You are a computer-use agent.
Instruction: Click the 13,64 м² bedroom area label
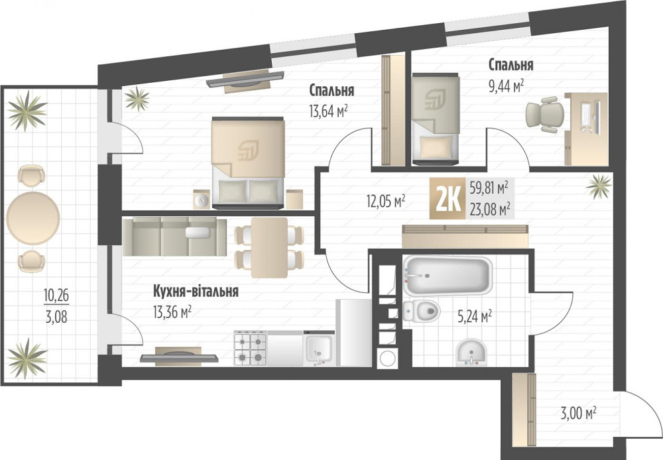coord(329,111)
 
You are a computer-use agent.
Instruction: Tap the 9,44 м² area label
coord(506,86)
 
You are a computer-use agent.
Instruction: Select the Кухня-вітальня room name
coord(196,291)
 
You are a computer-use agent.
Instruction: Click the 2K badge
coord(448,198)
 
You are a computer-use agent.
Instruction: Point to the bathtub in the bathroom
coord(448,275)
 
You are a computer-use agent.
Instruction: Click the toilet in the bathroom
coord(422,312)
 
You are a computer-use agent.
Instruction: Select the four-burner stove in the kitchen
coord(250,347)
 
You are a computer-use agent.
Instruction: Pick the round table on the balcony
coord(33,219)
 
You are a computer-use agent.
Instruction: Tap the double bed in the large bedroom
coord(248,163)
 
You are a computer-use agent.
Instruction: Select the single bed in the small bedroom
coord(436,119)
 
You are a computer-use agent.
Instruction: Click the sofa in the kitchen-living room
coord(174,237)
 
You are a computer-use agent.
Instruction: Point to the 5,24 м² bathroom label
coord(473,315)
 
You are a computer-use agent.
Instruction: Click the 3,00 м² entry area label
coord(578,412)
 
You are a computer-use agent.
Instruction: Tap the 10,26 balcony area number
coord(56,295)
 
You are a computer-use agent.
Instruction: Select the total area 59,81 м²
coord(489,188)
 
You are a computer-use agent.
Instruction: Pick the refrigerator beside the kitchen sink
coord(354,333)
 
